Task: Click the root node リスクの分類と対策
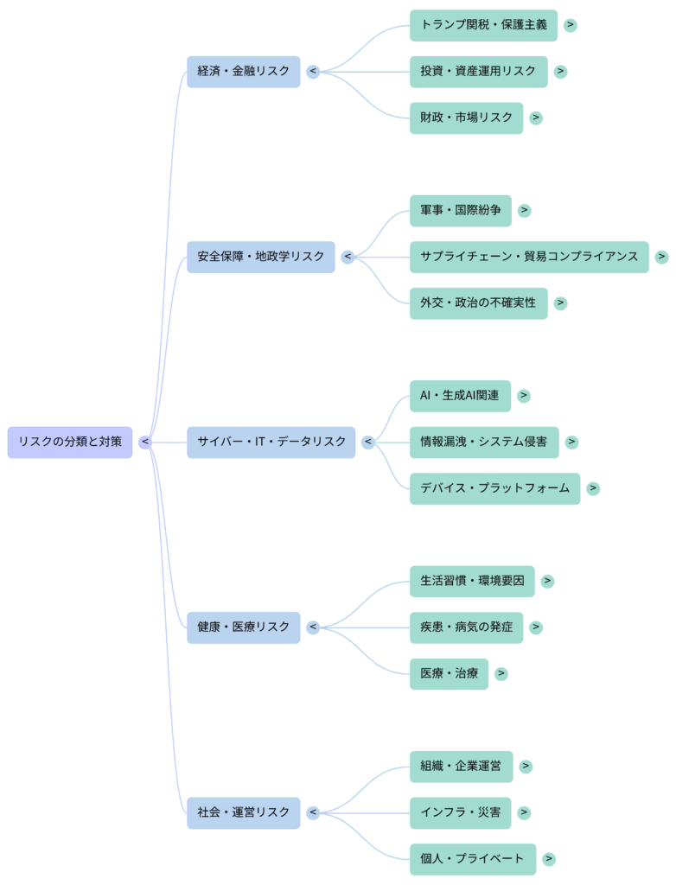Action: point(70,442)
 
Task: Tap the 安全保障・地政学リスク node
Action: point(260,257)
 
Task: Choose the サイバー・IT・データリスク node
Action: point(271,442)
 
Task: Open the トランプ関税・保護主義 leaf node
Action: point(483,25)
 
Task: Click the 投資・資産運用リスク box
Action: point(478,71)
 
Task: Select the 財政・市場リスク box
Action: point(466,118)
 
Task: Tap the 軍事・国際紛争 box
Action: point(460,210)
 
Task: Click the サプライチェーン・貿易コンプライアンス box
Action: point(529,257)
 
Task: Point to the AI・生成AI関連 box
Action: point(460,396)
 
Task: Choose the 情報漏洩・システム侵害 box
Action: point(483,442)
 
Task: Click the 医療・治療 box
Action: point(449,673)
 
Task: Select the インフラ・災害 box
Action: point(460,812)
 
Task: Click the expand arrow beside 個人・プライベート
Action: point(548,859)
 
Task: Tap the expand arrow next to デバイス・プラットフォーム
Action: point(592,488)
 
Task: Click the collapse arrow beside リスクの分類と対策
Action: point(145,442)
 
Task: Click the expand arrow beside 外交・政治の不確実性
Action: point(560,302)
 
